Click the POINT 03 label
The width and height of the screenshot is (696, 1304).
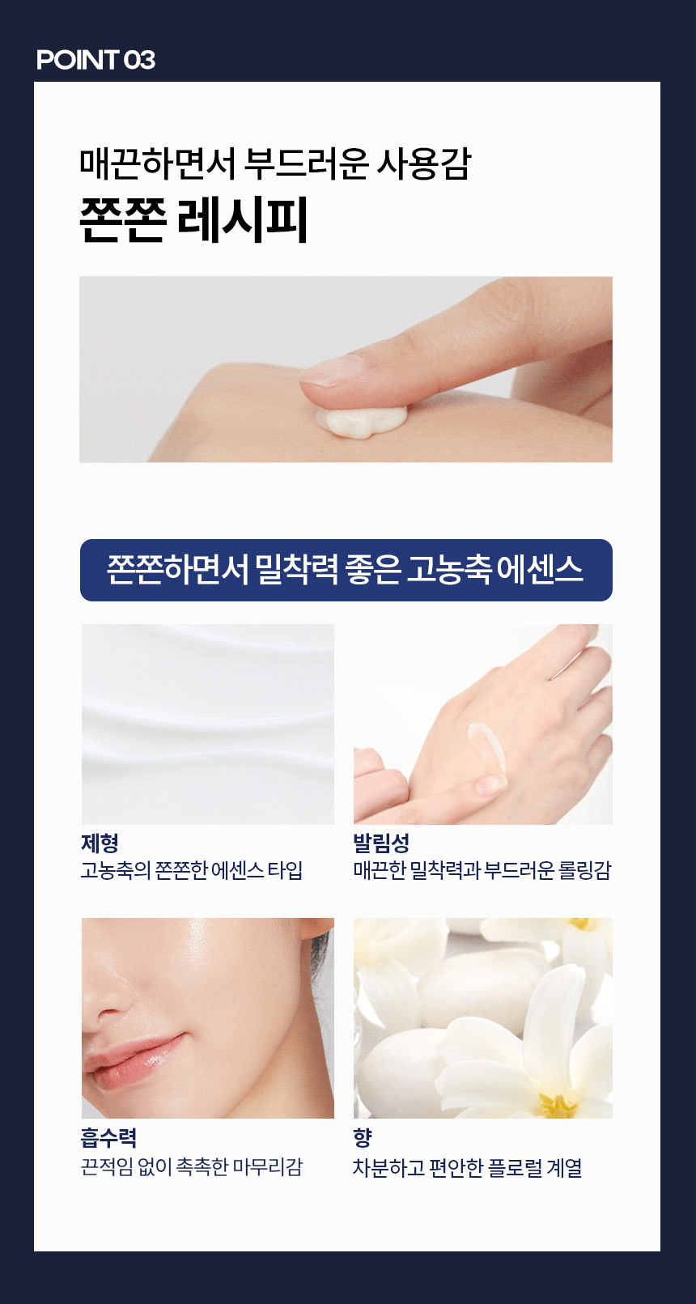coord(95,60)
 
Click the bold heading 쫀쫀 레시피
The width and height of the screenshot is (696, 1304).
coord(193,219)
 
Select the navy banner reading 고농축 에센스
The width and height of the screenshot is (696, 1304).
coord(346,570)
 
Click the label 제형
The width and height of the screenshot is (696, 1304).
coord(100,843)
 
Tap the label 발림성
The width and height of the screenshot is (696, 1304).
coord(381,843)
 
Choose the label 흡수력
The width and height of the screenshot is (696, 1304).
coord(108,1137)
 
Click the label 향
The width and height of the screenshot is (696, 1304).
coord(363,1137)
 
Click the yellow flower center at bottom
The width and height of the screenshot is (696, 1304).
coord(557,1104)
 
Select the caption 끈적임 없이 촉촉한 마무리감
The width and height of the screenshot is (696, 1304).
coord(192,1166)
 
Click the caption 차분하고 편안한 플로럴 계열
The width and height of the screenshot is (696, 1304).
coord(467,1168)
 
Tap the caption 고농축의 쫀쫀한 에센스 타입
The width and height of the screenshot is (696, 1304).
coord(192,871)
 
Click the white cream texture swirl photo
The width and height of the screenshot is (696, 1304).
coord(208,724)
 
